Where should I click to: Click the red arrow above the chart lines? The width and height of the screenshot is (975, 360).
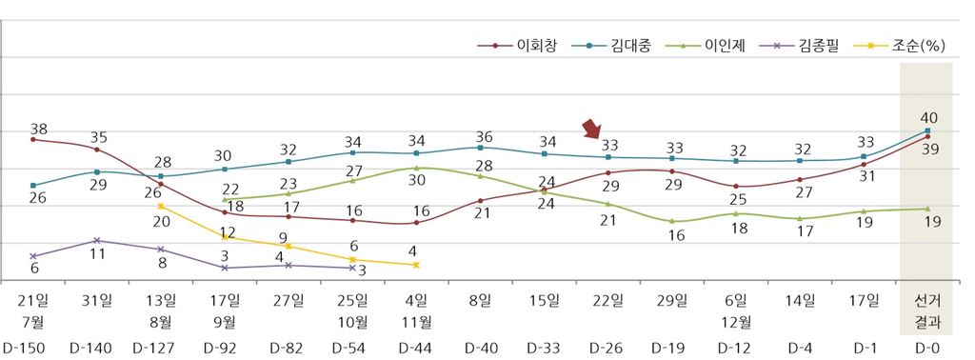[x=593, y=130]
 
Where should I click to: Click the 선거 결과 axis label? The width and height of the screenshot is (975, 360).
[x=925, y=309]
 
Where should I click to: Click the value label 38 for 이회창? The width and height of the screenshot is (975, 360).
[x=39, y=129]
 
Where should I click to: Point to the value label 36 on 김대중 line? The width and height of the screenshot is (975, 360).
[x=484, y=135]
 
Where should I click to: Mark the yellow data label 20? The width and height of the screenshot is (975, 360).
[x=162, y=221]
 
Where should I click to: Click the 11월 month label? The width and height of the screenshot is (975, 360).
[x=416, y=321]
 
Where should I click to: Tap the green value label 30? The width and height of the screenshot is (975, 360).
[x=416, y=180]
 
